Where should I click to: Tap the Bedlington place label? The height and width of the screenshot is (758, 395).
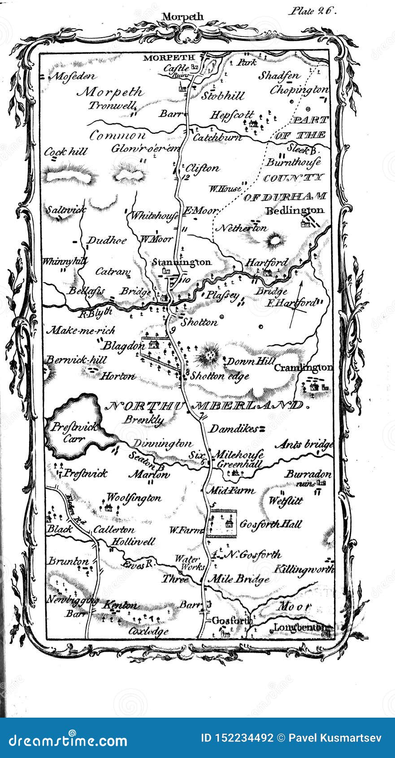[295, 210]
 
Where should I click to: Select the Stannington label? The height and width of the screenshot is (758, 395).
[182, 262]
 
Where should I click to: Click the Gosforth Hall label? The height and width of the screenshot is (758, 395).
[271, 524]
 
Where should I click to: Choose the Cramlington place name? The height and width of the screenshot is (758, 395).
[303, 367]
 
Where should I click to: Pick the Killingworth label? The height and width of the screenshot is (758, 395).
[304, 570]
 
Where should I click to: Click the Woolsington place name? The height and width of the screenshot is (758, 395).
[133, 498]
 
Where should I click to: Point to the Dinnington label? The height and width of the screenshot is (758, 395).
[162, 444]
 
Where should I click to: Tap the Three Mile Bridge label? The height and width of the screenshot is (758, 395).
[215, 579]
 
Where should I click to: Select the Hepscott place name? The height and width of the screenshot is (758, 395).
[232, 115]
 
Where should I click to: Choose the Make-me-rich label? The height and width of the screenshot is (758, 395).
[81, 331]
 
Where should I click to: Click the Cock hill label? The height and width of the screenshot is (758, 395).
[65, 152]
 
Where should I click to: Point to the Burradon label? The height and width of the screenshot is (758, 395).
[308, 474]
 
